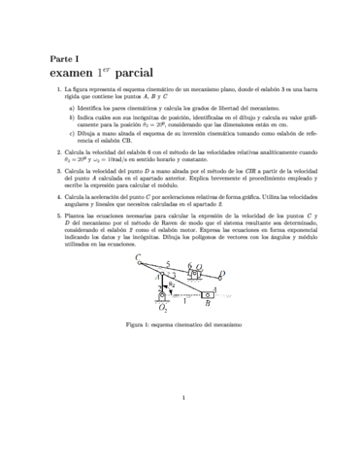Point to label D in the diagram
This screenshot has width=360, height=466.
[222, 274]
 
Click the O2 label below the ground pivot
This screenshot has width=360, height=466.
[163, 307]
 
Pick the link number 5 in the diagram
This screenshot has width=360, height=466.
[169, 262]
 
